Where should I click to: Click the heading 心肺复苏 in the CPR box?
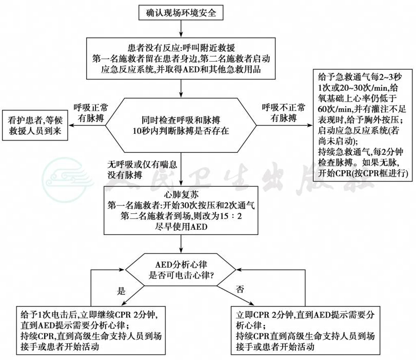pos(181,195)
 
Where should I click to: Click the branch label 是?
pos(121,291)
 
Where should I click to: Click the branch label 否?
pos(240,289)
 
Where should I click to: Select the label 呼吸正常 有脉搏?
pos(91,113)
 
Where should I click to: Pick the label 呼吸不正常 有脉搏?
pos(283,113)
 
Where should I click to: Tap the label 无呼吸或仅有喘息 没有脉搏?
pos(142,170)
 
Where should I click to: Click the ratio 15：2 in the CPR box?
pos(231,216)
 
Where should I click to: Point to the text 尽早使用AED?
pos(181,227)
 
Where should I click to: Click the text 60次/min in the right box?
pos(335,109)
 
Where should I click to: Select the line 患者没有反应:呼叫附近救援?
pos(181,48)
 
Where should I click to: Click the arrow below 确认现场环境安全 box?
pos(181,28)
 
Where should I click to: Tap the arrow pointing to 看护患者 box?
pos(87,125)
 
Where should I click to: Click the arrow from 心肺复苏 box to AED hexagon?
pos(181,244)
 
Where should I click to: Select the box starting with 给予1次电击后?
pos(91,331)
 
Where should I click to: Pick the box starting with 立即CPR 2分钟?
pos(306,331)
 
